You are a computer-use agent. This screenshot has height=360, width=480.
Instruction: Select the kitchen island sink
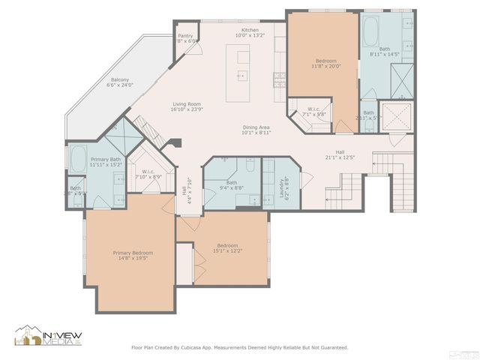241,75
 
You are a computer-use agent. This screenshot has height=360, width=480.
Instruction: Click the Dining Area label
256,127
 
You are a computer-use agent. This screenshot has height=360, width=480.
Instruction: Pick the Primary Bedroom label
131,253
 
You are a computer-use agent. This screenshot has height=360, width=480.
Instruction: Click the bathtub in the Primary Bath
78,158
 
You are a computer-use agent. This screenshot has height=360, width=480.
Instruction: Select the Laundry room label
286,182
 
